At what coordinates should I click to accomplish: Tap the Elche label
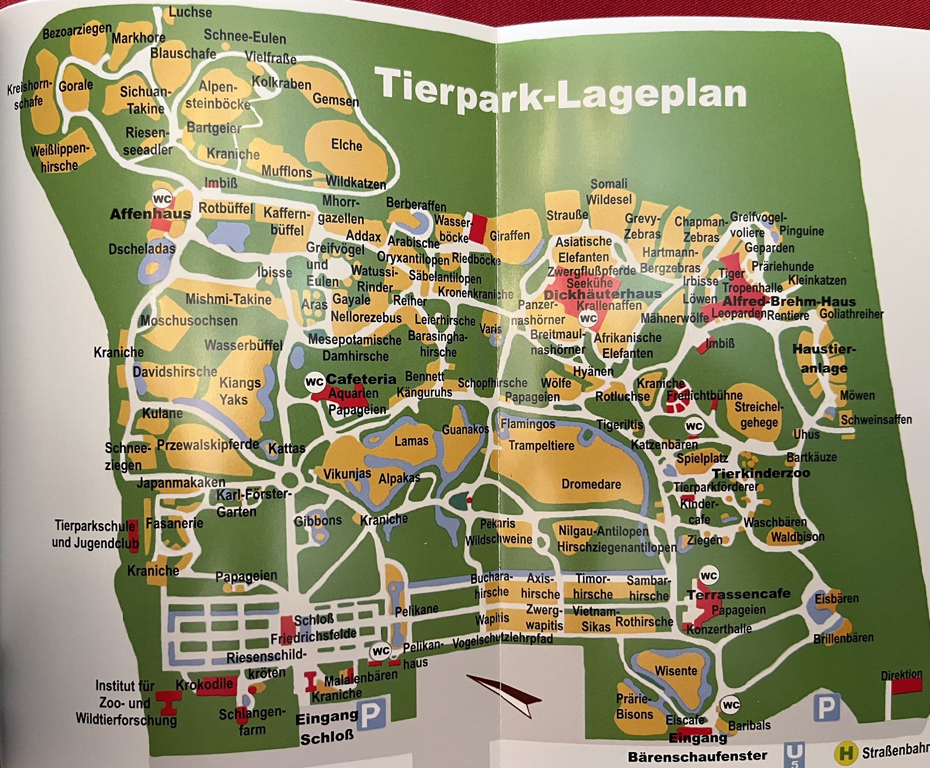pos(346,145)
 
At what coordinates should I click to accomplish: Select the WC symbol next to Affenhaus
pos(162,199)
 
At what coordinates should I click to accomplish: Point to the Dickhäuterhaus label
pos(602,294)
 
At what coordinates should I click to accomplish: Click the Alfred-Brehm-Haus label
pos(789,302)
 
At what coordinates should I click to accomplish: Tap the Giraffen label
pos(510,235)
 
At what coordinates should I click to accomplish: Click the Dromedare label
pos(591,484)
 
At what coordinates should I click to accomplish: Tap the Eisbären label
pos(836,598)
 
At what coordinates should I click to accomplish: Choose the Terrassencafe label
pos(738,594)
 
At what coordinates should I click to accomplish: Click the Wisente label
pos(676,671)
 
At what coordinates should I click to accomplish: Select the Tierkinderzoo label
pos(761,473)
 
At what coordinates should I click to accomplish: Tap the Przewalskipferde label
pos(208,444)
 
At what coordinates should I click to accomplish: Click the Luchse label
pos(190,12)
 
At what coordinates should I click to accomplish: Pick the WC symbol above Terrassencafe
pos(709,576)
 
